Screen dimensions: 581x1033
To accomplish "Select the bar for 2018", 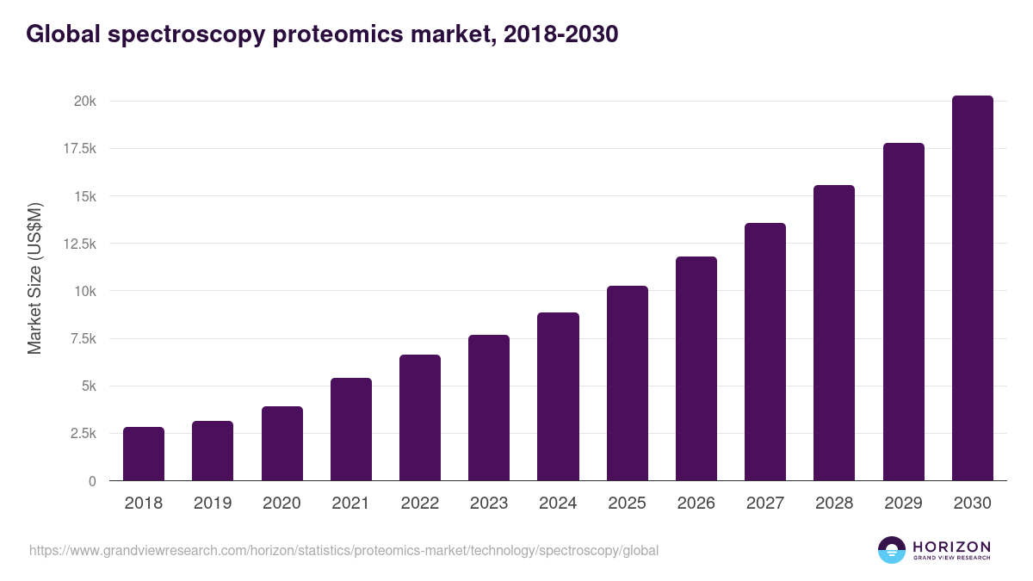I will (144, 454).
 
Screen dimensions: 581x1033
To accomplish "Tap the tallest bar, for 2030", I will (972, 288).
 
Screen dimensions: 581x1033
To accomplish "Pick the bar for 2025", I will (627, 383).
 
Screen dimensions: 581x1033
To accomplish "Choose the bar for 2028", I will (834, 332).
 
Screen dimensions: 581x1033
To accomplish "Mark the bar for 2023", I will (489, 407).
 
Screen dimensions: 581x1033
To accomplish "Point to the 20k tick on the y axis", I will (84, 102).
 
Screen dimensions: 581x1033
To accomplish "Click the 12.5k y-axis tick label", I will (79, 244).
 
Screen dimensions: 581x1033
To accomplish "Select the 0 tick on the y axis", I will (92, 481).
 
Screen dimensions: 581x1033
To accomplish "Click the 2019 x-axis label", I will (213, 504).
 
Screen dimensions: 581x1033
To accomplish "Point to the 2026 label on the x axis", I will (696, 504).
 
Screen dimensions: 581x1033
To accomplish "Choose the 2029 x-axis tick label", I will (903, 504).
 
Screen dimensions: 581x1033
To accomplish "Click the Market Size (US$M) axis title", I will (34, 279).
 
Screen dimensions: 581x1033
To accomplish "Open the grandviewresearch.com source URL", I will (344, 550).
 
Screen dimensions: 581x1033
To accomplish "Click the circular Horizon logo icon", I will (892, 550).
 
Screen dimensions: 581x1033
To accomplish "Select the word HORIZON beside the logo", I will (951, 546).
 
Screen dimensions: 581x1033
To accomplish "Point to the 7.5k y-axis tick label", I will (83, 339).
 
